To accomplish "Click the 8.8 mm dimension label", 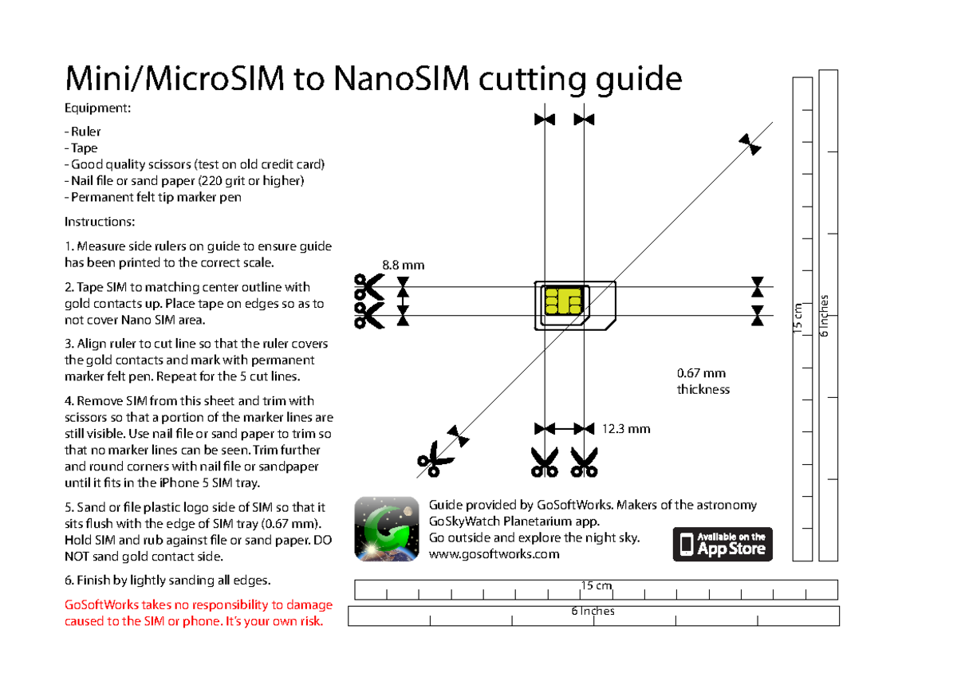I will (404, 264).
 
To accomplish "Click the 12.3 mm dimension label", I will (626, 429).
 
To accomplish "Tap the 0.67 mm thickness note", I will (701, 381).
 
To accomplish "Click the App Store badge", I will (723, 544).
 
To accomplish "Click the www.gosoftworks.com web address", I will (494, 554).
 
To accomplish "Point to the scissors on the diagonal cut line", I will (435, 460).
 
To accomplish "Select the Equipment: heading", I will (97, 108).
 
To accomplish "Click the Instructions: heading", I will (99, 221).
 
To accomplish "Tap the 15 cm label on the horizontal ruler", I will (596, 586).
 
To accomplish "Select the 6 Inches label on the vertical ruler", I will (825, 316).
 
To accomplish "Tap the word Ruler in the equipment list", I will (85, 132).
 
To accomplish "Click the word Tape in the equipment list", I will (84, 148).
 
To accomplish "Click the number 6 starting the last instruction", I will (68, 580).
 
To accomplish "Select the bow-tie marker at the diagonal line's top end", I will (750, 144).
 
